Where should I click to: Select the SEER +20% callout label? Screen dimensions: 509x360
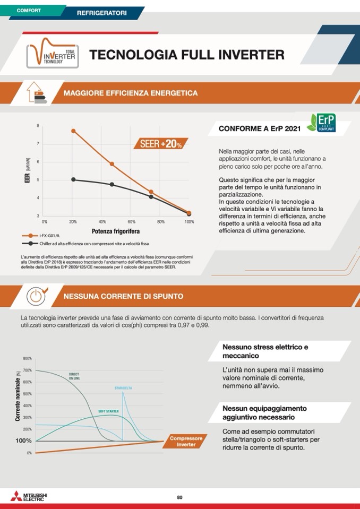161,143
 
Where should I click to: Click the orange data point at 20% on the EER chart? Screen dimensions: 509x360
73,131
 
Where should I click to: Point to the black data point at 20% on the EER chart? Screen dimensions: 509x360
73,179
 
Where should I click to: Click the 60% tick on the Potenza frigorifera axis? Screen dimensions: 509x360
131,221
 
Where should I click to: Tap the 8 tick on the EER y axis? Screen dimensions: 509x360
38,125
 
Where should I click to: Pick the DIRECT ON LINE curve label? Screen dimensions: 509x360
74,376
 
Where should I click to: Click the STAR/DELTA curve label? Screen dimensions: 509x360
123,388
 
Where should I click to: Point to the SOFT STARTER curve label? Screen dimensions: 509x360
108,411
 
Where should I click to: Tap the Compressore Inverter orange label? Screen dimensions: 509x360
186,441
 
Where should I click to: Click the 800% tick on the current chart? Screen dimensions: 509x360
28,358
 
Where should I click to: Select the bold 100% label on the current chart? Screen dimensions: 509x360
23,441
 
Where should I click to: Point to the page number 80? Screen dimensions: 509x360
179,497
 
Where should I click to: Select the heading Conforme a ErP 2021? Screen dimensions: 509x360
260,128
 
